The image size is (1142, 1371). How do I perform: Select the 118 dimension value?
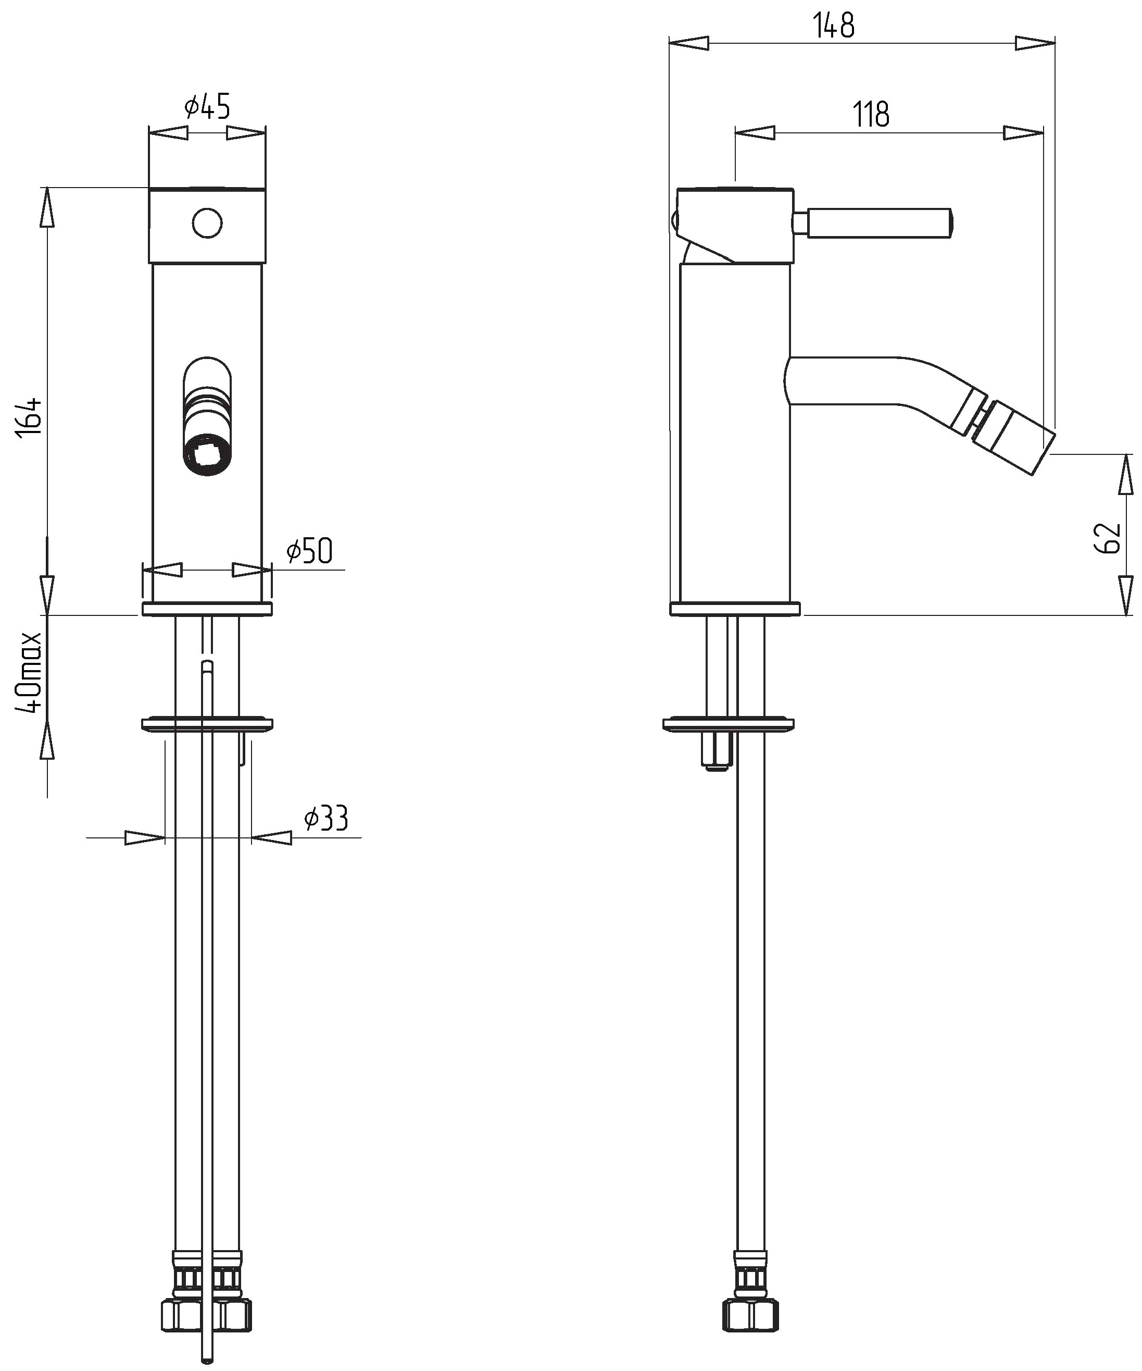click(x=871, y=115)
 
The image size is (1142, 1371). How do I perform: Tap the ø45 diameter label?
click(x=207, y=106)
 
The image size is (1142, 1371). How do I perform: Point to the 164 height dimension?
click(x=31, y=416)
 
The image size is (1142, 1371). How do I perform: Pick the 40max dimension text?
click(x=31, y=672)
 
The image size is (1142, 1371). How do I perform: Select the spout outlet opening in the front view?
click(x=207, y=454)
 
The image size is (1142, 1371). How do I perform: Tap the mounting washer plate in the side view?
click(x=729, y=724)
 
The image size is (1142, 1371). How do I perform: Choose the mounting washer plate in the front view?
click(x=207, y=724)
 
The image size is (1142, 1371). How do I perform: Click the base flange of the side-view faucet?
click(x=735, y=609)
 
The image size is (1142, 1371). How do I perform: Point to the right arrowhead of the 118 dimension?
click(x=1023, y=133)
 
